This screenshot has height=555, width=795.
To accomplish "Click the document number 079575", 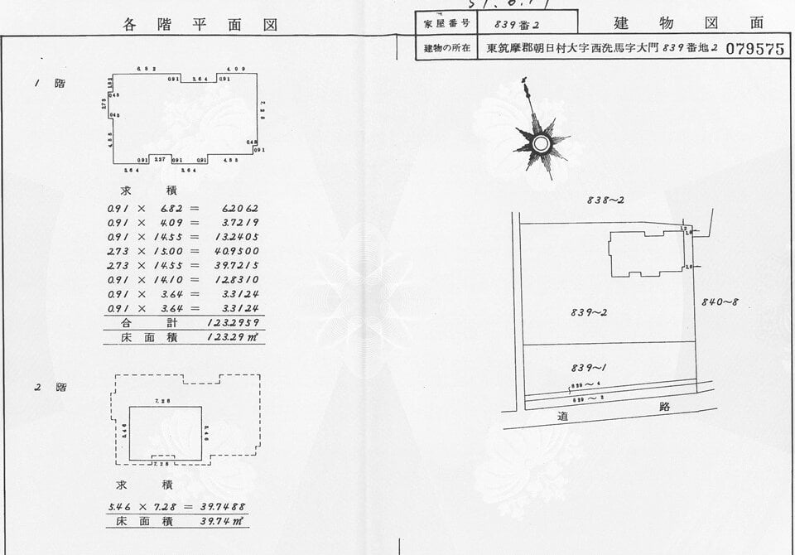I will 754,49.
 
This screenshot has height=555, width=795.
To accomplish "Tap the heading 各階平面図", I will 200,25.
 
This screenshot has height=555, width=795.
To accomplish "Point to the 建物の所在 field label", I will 446,48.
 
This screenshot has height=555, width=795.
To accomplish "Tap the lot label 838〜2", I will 605,200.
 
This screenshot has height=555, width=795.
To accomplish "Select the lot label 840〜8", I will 719,302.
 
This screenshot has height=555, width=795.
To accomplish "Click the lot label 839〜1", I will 589,367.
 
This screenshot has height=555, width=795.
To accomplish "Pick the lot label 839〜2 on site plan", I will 589,312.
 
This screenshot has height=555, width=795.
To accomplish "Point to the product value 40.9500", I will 236,250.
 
